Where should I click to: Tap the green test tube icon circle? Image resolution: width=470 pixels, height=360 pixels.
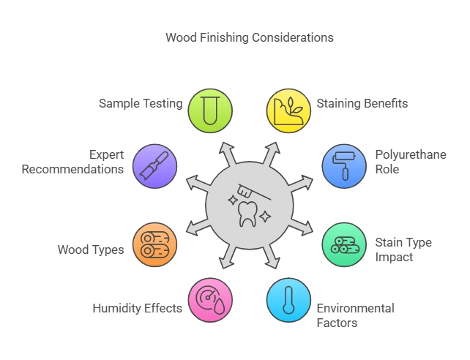click(x=210, y=109)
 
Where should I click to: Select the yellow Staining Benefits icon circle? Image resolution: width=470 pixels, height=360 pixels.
click(x=288, y=109)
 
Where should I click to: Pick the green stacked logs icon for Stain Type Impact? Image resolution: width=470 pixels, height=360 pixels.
click(x=344, y=244)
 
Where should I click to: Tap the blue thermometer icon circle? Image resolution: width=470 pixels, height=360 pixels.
click(x=288, y=301)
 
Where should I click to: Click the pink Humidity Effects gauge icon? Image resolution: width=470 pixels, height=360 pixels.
click(x=210, y=301)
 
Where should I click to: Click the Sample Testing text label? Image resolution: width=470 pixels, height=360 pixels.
click(x=141, y=103)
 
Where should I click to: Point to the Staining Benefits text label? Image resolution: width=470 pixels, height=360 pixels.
click(x=362, y=103)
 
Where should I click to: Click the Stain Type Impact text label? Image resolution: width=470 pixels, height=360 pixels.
click(x=403, y=250)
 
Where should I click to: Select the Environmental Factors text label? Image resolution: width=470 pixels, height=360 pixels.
click(x=355, y=315)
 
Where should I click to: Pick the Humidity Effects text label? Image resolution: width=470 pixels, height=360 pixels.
click(x=137, y=308)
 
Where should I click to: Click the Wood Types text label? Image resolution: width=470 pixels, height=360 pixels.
click(x=90, y=250)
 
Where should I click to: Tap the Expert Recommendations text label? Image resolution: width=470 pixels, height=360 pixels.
click(x=72, y=162)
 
